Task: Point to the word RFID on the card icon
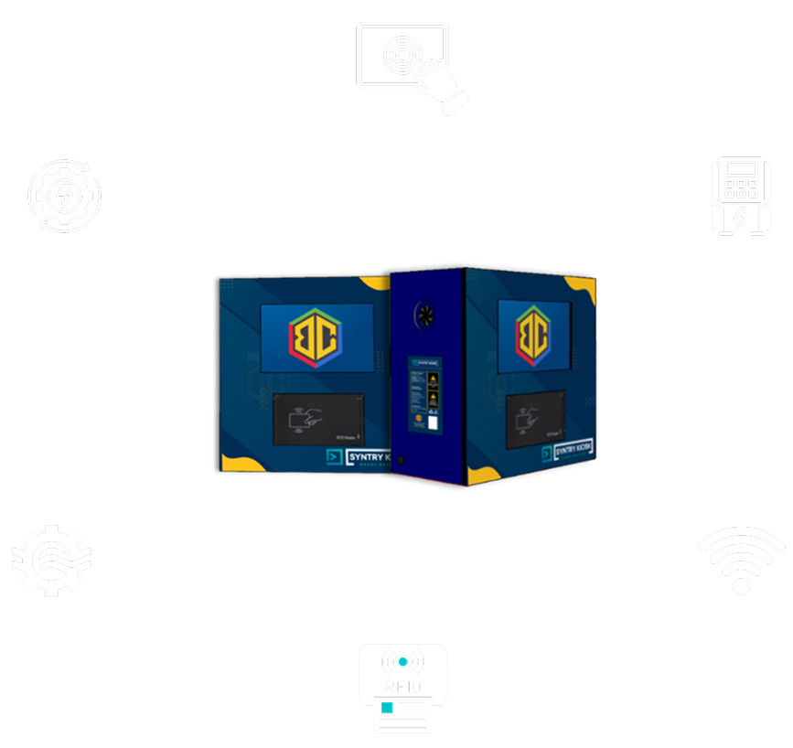tap(402, 683)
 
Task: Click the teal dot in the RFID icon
tap(402, 661)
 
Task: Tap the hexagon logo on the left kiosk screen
tap(316, 337)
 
